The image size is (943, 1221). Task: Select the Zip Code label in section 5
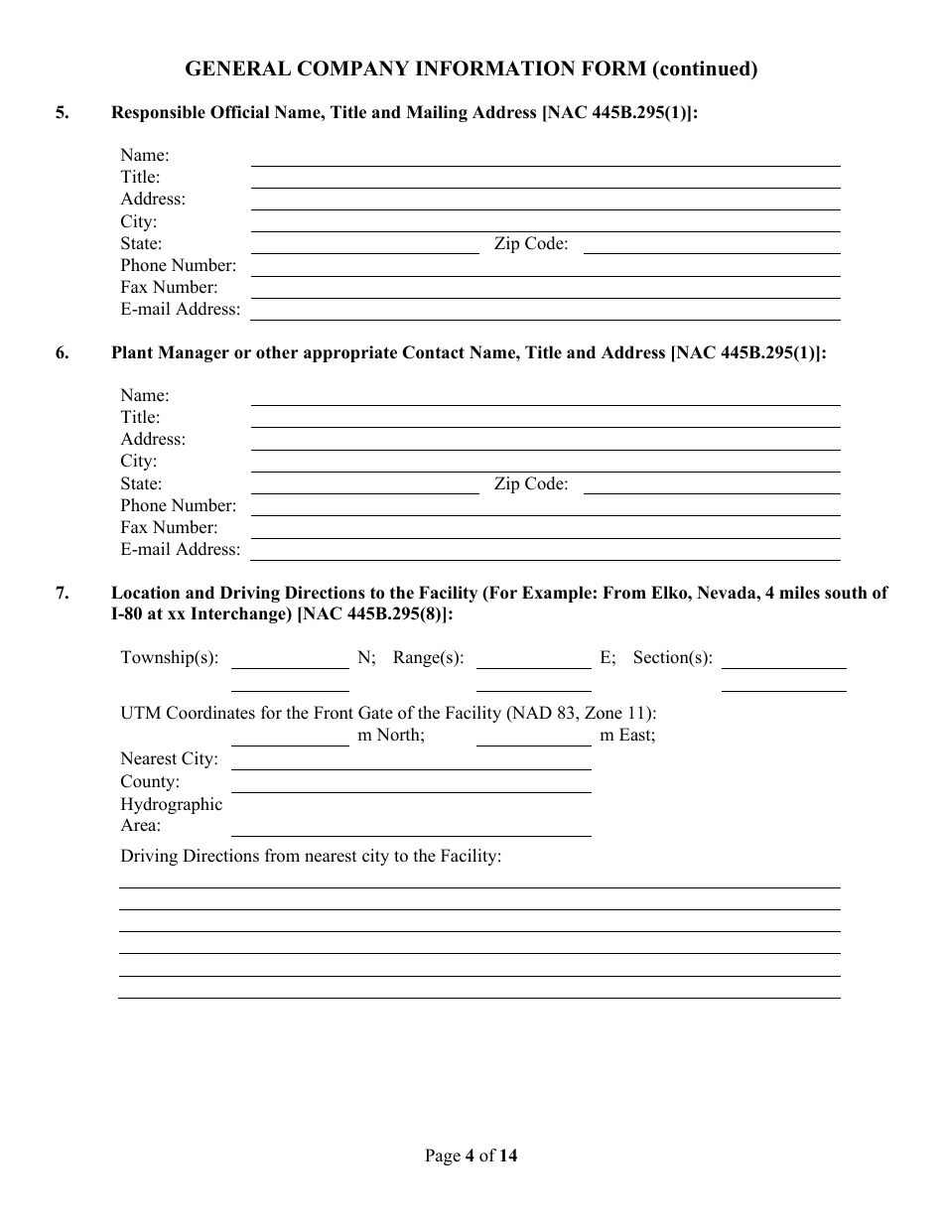click(x=531, y=244)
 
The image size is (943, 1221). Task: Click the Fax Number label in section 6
click(x=169, y=528)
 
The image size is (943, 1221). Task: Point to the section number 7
click(x=63, y=594)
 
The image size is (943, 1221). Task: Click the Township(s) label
click(x=170, y=658)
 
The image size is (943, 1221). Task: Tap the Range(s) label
click(x=428, y=658)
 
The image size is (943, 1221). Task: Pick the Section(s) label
click(x=673, y=658)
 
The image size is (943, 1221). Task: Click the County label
click(x=150, y=782)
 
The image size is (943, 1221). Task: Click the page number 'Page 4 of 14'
click(x=471, y=1155)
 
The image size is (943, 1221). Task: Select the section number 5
click(x=63, y=113)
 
